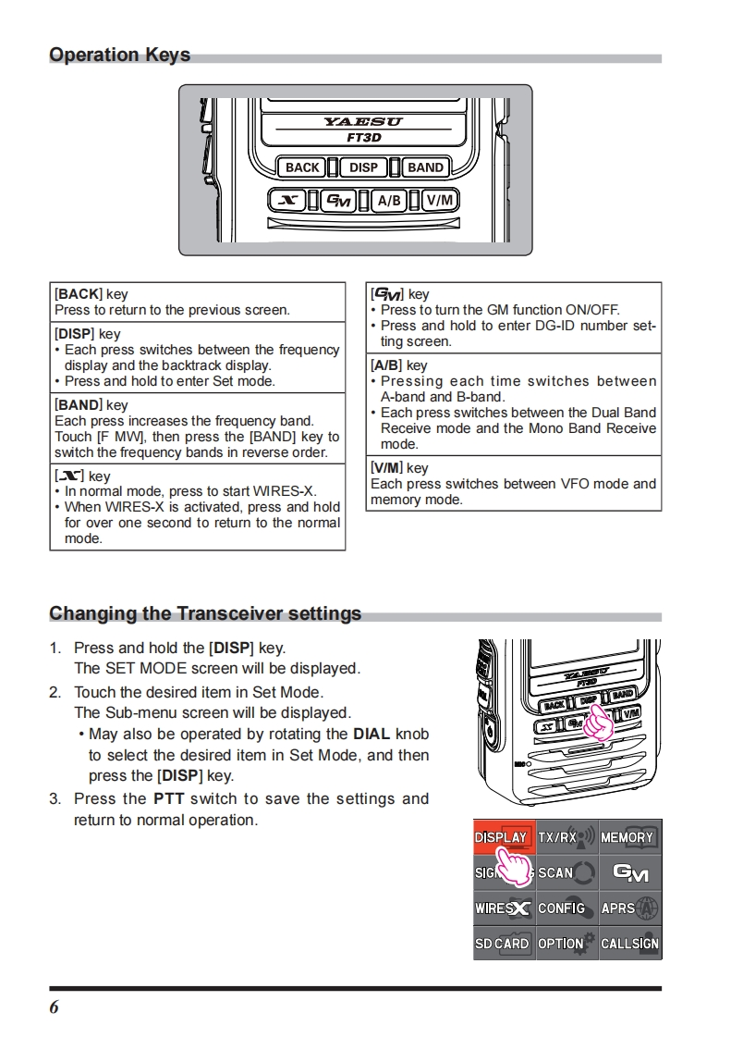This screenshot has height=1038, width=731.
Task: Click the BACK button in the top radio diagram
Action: [x=302, y=167]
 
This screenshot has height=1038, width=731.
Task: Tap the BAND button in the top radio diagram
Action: [x=425, y=167]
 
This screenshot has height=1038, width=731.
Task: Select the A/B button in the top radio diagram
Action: [x=389, y=200]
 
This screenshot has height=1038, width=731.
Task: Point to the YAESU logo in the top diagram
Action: [x=363, y=121]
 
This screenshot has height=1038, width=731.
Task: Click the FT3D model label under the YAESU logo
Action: [x=363, y=138]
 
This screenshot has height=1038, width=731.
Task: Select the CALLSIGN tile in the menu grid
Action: [x=630, y=943]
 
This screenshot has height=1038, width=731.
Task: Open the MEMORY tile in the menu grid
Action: [x=630, y=837]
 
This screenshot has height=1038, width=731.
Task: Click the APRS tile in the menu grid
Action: [x=630, y=908]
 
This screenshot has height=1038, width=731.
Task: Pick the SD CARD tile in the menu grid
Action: [x=504, y=943]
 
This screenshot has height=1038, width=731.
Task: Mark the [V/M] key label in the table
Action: [x=387, y=468]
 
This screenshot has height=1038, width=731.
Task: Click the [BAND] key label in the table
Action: [x=79, y=405]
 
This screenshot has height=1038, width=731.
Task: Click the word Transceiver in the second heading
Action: [x=229, y=613]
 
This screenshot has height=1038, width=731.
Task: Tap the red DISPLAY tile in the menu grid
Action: [x=504, y=837]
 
